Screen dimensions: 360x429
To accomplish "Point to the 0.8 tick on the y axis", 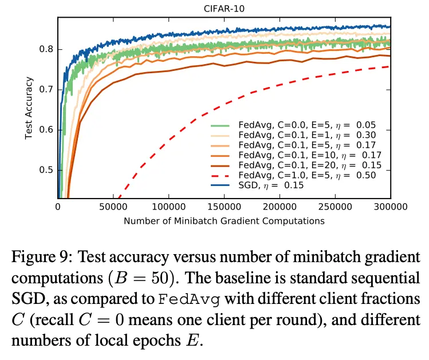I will pos(46,49).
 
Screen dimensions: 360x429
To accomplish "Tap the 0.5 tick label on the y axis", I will pos(46,170).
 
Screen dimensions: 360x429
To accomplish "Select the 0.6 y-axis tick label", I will pos(46,130).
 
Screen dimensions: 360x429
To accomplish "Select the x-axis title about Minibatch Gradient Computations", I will pos(224,220).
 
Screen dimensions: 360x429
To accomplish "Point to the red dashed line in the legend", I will pos(225,175).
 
